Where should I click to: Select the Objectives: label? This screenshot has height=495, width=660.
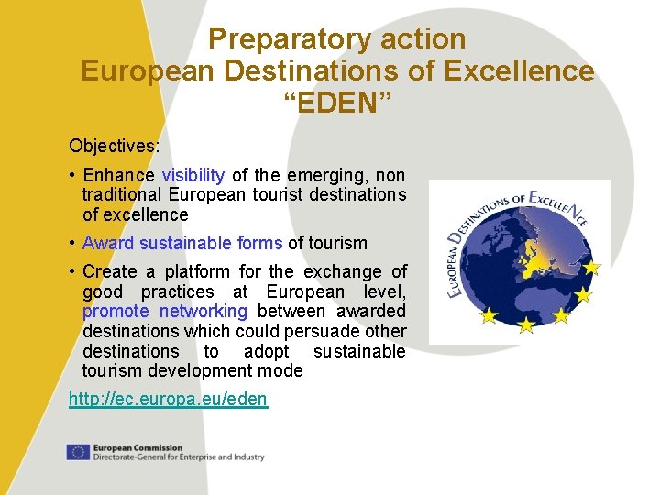tap(114, 146)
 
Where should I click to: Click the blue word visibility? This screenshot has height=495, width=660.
tap(192, 175)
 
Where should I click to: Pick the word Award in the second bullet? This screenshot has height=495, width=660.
tap(108, 243)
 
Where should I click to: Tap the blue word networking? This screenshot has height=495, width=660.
tap(203, 311)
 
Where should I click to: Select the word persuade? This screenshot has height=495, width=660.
tap(299, 331)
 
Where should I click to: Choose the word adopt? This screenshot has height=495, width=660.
tap(266, 351)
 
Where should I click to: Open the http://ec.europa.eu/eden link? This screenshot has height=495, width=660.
tap(168, 399)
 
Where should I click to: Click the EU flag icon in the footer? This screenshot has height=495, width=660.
tap(78, 451)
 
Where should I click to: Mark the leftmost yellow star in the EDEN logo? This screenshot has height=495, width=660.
tap(489, 315)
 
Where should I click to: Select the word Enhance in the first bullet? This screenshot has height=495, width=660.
tap(118, 175)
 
